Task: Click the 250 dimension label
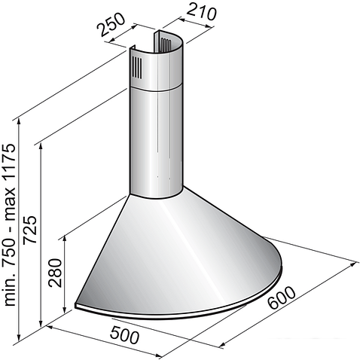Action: coord(111,24)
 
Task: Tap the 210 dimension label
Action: coord(202,11)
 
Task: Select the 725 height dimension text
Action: coord(30,229)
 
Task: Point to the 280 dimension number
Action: coord(55,273)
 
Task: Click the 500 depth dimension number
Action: coord(124,335)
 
